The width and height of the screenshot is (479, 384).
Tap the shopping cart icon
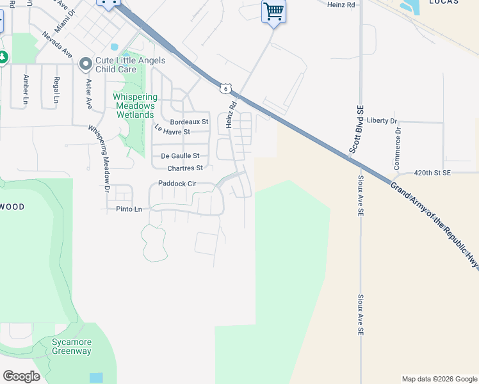[273, 11]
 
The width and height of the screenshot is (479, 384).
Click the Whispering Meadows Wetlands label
[134, 106]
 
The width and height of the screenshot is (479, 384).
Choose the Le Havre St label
[172, 132]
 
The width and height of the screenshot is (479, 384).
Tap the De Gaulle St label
[180, 156]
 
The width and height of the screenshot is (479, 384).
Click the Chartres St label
[184, 168]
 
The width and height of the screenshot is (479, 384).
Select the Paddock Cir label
[172, 184]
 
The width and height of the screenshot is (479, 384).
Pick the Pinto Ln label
[129, 209]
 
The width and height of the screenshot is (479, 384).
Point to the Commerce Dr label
[398, 148]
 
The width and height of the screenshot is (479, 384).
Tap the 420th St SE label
[432, 173]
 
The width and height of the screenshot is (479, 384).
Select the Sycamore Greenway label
[72, 346]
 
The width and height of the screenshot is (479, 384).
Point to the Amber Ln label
[26, 89]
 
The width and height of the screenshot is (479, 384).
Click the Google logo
[21, 376]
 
